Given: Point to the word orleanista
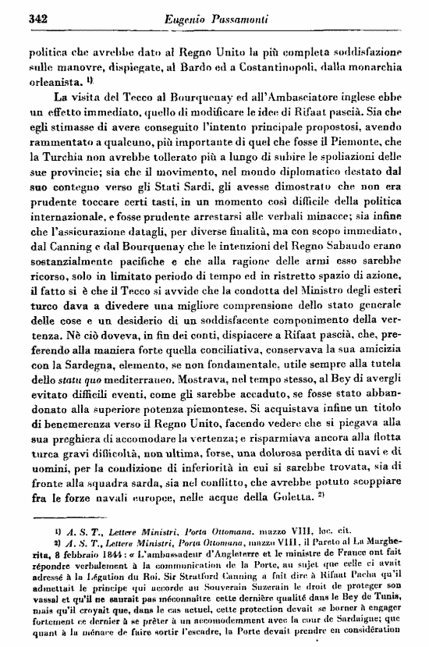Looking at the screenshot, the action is (54, 80).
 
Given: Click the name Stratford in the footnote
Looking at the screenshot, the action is (205, 591).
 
